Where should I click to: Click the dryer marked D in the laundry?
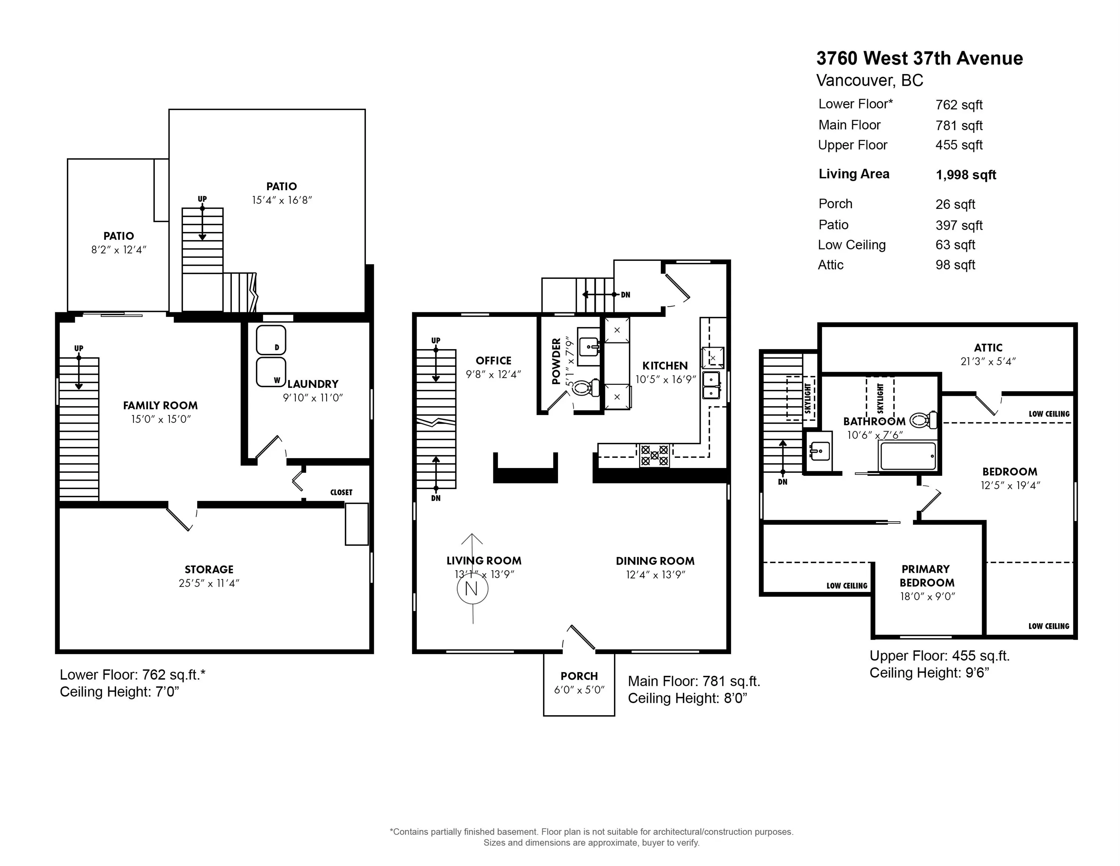[x=271, y=340]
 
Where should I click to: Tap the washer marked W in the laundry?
[x=271, y=372]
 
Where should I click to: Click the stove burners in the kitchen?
[x=654, y=455]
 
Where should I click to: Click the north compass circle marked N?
[x=472, y=589]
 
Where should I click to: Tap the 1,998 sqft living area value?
[x=966, y=175]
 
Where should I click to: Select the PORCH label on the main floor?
[x=579, y=676]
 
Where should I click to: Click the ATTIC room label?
[x=988, y=347]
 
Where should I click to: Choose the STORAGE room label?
[x=209, y=569]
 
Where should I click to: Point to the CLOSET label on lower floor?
[x=341, y=492]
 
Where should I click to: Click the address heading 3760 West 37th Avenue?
[x=919, y=59]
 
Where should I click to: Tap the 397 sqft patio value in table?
[x=958, y=225]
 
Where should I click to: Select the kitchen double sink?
[x=711, y=385]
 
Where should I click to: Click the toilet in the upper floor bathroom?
[x=924, y=420]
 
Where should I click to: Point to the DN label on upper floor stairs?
[x=782, y=482]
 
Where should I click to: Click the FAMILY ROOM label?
[x=160, y=405]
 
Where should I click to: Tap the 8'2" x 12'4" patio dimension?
[x=118, y=250]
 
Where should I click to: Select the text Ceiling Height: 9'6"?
[x=929, y=672]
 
